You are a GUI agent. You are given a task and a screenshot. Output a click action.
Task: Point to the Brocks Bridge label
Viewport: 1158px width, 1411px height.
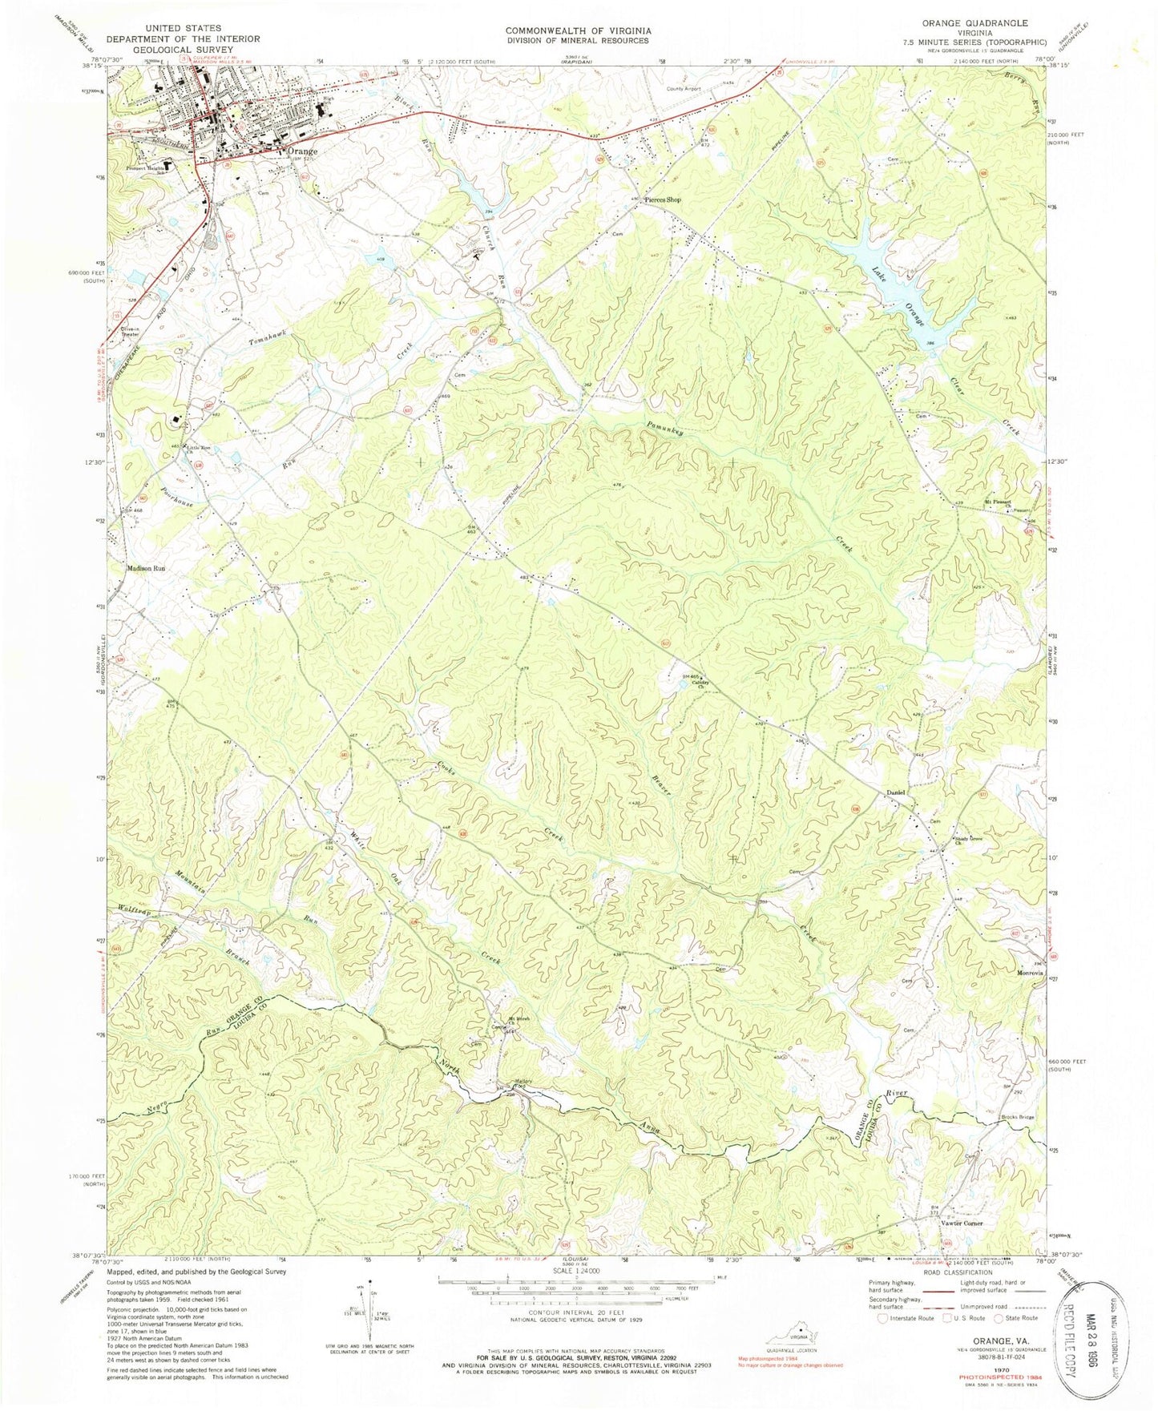click(x=1016, y=1118)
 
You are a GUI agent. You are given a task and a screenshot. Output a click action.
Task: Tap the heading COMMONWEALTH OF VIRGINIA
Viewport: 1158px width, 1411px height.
click(x=578, y=30)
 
